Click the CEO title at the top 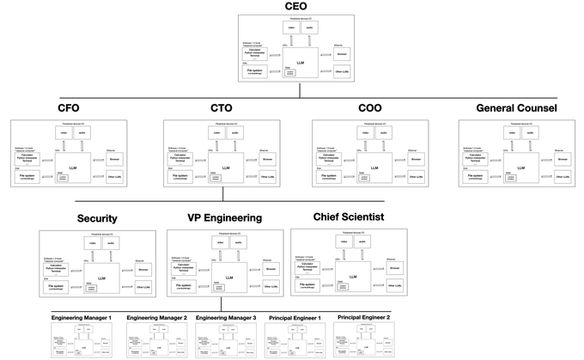click(x=295, y=8)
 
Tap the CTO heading click(x=221, y=109)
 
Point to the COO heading click(x=370, y=109)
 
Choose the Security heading click(x=97, y=219)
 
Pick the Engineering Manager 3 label click(x=227, y=318)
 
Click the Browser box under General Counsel click(x=562, y=159)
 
